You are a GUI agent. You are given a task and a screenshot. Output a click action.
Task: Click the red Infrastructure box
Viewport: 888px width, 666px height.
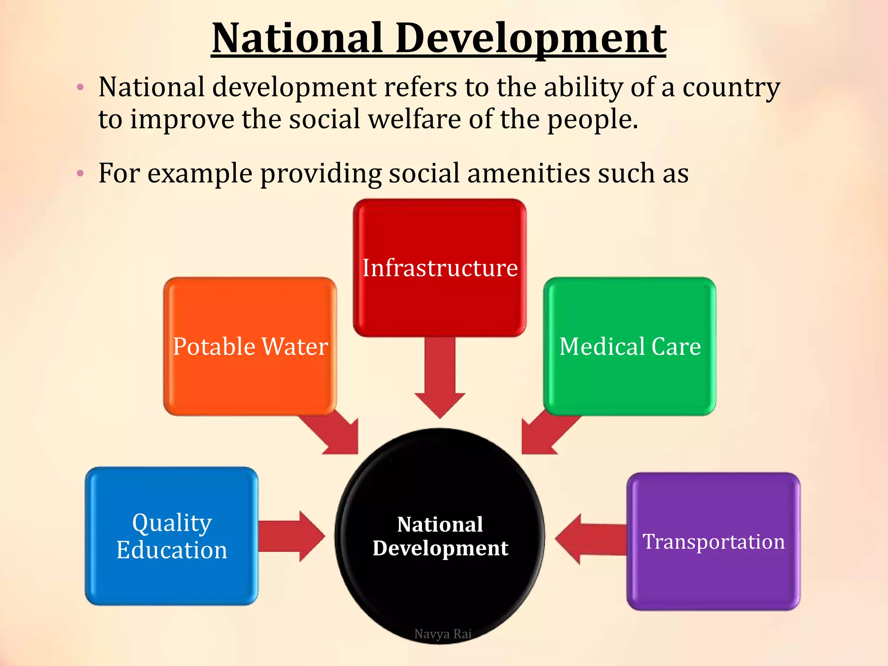[440, 268]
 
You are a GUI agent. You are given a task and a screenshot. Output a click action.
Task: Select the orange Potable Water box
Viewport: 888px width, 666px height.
[250, 346]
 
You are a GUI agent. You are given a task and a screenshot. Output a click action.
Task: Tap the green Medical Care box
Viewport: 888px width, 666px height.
[630, 346]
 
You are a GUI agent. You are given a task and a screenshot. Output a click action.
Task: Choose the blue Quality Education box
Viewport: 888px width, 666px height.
[172, 536]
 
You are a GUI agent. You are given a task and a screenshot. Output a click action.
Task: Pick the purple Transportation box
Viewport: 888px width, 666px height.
[713, 542]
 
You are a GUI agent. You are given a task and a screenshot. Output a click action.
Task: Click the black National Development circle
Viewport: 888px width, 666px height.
[440, 536]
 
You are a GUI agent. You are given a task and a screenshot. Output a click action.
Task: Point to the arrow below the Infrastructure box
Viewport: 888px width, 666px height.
[440, 377]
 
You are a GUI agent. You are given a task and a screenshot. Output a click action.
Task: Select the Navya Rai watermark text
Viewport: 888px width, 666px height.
[443, 634]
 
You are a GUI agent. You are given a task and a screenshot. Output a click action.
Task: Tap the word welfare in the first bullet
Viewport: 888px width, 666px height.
[415, 119]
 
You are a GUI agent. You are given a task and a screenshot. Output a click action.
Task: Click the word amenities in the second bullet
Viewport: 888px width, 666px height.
[528, 173]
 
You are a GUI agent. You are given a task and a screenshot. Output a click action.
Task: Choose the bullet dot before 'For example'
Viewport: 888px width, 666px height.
[80, 174]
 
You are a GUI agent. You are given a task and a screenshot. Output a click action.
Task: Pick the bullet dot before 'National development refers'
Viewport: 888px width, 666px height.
[80, 88]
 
